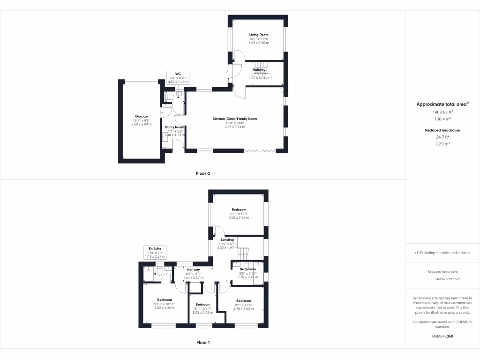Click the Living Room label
pos(259,35)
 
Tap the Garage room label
pos(142,116)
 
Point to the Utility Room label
pos(174,127)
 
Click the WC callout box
pos(178,77)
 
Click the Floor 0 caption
pos(203,173)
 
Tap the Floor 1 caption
pos(203,343)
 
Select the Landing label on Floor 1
pos(227,240)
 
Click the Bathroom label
pos(248,269)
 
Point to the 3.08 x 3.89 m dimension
pos(239,218)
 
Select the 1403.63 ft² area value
pos(442,112)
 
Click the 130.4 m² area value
pos(442,119)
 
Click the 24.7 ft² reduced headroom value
pos(442,137)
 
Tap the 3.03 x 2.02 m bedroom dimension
pos(202,312)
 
